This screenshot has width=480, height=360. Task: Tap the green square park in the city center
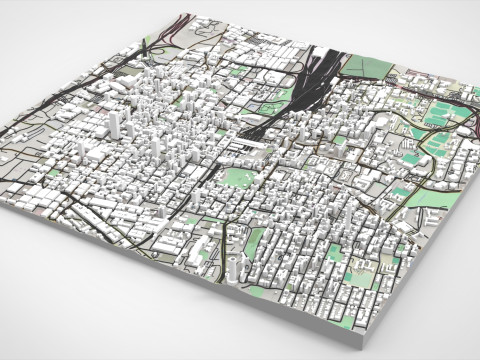pos(236,177)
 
